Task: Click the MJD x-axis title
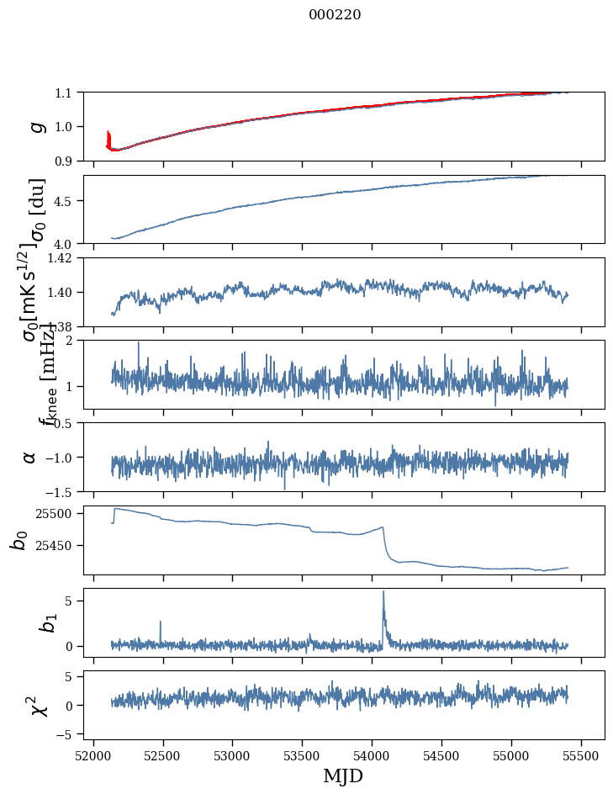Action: tap(343, 775)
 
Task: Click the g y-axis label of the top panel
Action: tap(36, 126)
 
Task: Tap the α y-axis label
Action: tap(29, 457)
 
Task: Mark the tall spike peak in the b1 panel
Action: tap(383, 592)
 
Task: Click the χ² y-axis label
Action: tap(38, 705)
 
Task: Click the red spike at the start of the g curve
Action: tap(108, 135)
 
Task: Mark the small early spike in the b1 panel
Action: tap(160, 622)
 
